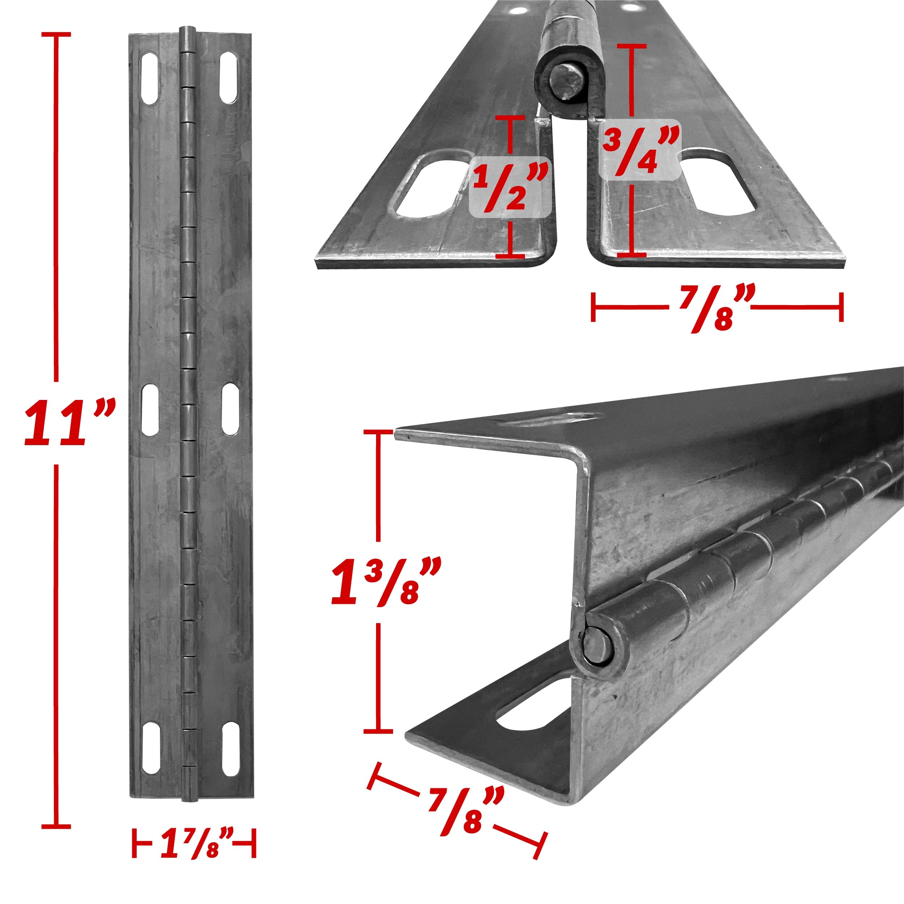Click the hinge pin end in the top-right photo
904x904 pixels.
[567, 82]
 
